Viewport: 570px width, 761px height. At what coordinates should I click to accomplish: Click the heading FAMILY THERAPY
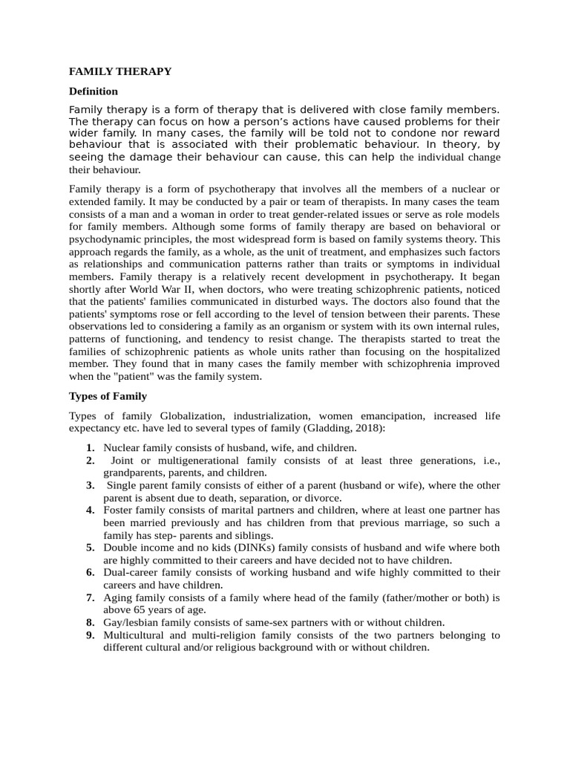(x=120, y=71)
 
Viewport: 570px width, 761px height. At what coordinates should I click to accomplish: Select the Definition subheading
(x=94, y=91)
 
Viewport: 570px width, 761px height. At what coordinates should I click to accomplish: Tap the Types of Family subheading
(x=108, y=396)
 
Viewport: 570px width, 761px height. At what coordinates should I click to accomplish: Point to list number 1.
(x=90, y=447)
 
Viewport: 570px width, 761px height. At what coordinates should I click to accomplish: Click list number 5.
(x=90, y=548)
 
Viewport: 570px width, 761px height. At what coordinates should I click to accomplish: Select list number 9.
(x=90, y=635)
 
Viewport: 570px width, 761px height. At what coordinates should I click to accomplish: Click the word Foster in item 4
(x=118, y=510)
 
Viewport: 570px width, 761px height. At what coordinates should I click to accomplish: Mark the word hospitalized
(x=467, y=352)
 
